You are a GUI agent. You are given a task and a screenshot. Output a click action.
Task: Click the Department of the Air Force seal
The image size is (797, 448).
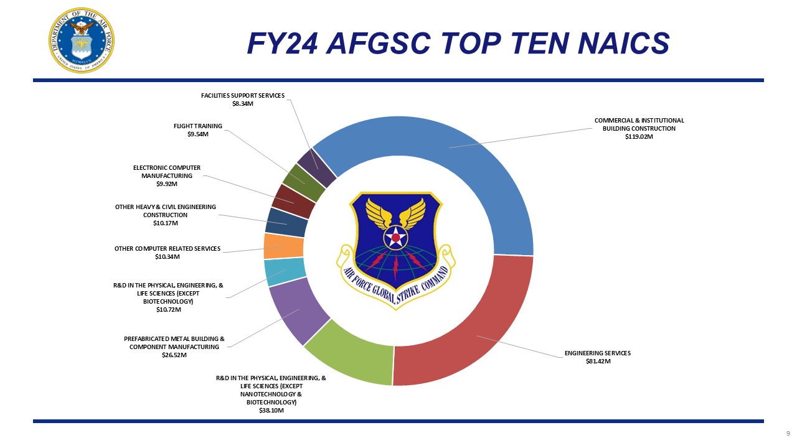[x=82, y=40]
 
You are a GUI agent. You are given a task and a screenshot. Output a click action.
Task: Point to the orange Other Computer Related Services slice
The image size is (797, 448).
[x=284, y=246]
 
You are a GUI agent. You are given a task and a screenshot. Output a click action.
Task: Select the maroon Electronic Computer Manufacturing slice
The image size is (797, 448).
[x=293, y=201]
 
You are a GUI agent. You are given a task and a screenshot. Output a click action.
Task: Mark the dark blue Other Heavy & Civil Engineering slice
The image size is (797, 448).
[x=286, y=223]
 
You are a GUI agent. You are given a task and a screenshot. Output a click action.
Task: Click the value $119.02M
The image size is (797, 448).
[x=639, y=137]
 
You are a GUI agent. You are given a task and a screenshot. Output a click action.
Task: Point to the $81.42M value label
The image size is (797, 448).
[x=598, y=362]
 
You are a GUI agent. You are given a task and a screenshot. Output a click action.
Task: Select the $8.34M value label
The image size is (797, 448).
[x=243, y=104]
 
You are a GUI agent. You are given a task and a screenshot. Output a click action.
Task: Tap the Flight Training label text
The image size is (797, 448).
[x=198, y=126]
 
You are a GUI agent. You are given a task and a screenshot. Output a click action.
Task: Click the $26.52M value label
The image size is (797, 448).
[x=174, y=355]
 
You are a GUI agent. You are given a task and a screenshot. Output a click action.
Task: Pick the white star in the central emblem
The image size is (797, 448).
[x=395, y=237]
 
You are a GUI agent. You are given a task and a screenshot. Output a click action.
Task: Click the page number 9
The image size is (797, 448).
[x=788, y=434]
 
